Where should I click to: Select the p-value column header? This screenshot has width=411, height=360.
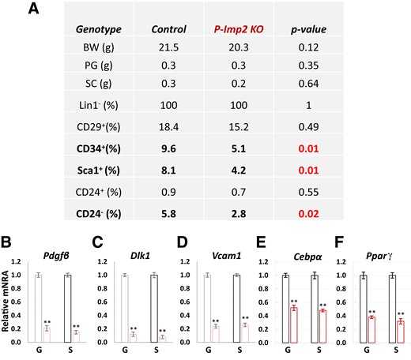pos(330,30)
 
